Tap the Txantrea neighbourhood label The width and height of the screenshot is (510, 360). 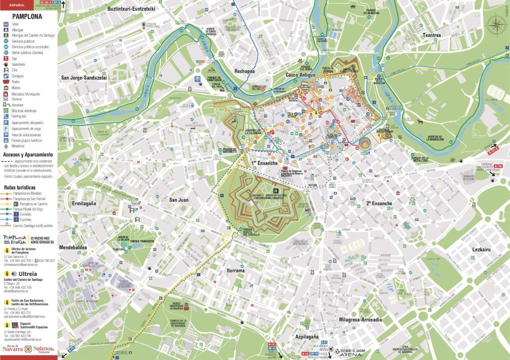pos(431,35)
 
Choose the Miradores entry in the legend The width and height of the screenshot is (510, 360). pos(6,146)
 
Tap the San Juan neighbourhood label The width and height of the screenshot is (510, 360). pos(178,200)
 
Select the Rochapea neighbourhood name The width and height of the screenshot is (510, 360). pos(244,71)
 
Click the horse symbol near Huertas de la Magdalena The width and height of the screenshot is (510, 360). pos(421,122)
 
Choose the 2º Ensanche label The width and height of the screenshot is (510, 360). pos(379,203)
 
